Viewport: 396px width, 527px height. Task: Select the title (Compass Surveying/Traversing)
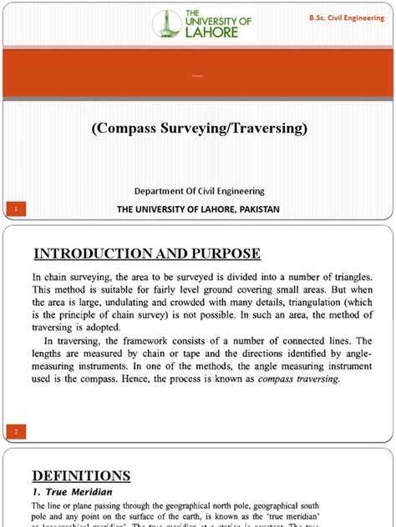tap(199, 128)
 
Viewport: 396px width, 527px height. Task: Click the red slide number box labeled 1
tap(16, 207)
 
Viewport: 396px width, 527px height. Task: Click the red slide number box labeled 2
tap(16, 430)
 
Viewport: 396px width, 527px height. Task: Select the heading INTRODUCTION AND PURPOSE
tap(146, 253)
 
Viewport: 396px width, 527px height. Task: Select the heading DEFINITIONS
tap(81, 476)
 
